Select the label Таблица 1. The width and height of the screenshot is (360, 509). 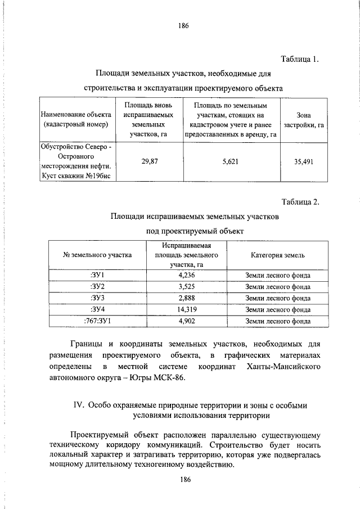(300, 58)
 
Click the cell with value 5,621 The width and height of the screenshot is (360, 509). (230, 161)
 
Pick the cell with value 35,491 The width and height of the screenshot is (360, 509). (304, 161)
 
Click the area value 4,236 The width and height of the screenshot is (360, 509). (186, 276)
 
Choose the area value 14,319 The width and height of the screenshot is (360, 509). (186, 309)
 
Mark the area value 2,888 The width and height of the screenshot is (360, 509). (186, 298)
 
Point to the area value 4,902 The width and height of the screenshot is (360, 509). (186, 321)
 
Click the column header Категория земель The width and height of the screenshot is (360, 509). (278, 255)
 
